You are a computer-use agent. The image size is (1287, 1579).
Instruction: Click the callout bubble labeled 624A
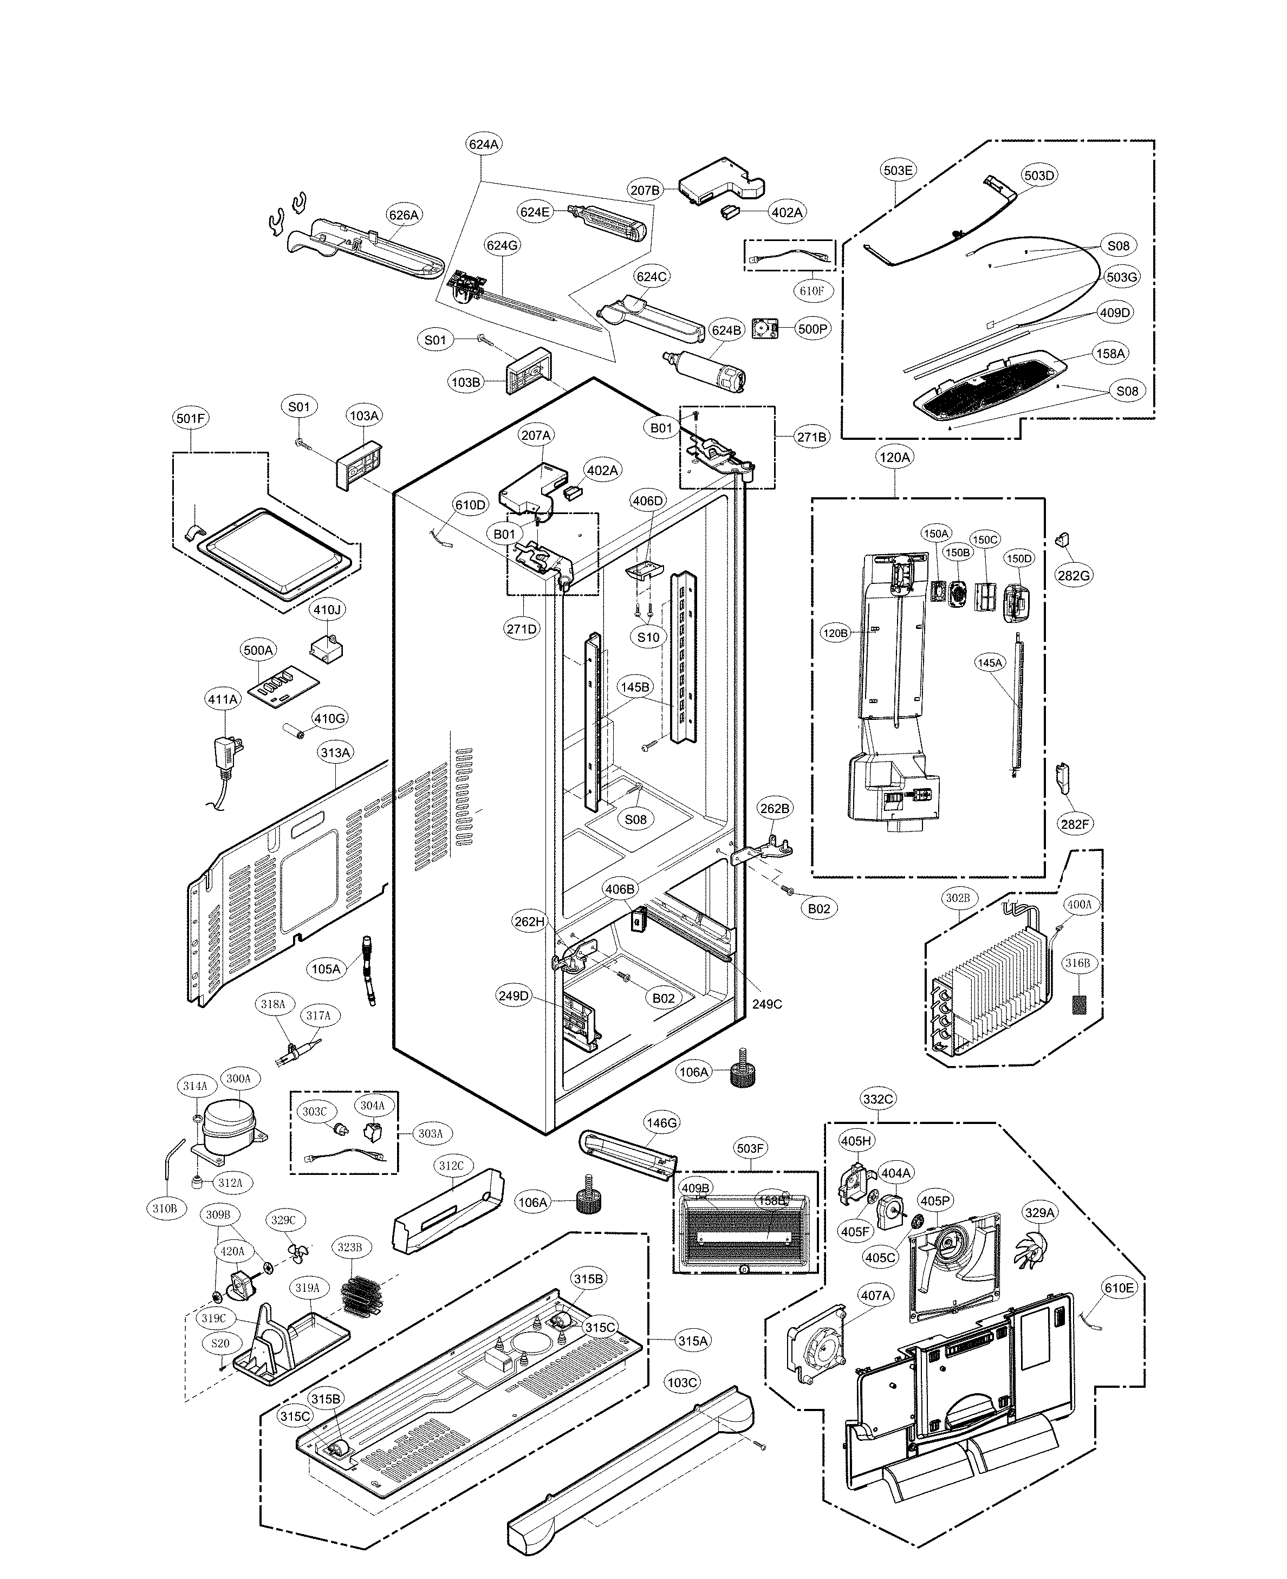483,145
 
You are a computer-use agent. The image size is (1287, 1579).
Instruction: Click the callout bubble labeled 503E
898,170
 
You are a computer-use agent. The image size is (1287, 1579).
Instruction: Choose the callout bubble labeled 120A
894,457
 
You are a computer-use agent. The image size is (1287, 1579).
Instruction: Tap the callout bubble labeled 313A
335,752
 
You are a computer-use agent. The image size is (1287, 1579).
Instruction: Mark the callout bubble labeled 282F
1075,823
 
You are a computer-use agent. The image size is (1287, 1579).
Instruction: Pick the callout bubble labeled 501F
191,419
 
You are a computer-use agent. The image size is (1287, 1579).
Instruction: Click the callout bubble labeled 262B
775,808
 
